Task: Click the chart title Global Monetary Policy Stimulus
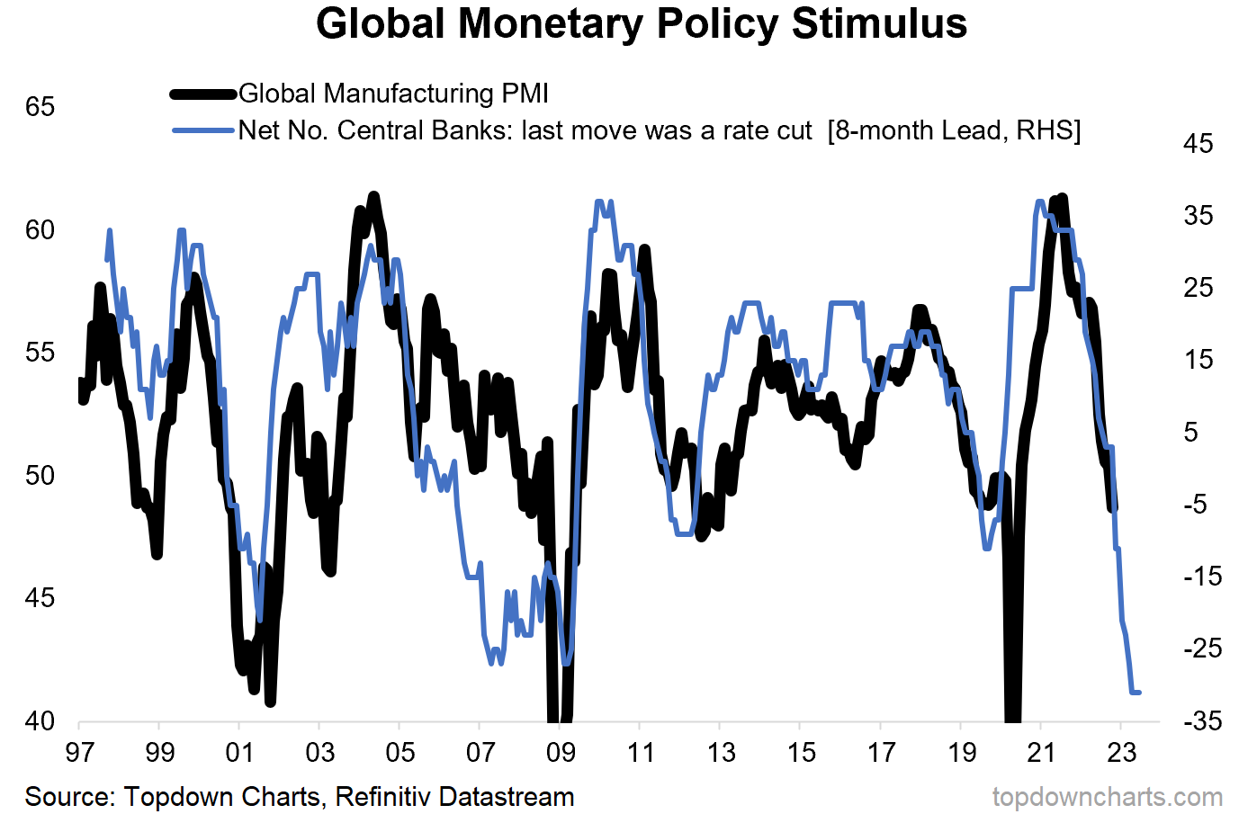(642, 24)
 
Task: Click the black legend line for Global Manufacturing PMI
(204, 94)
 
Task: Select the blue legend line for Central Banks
(204, 130)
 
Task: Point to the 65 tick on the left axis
(40, 107)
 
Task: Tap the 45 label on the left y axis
(40, 598)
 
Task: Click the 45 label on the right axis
(1198, 144)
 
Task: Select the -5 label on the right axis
(1198, 504)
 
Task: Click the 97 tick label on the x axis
(79, 752)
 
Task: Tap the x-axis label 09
(560, 752)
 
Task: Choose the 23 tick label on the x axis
(1121, 752)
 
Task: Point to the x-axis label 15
(801, 752)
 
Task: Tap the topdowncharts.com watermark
(1108, 797)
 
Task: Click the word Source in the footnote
(68, 797)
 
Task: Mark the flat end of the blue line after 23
(1136, 692)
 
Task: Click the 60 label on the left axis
(40, 230)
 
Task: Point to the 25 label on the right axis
(1198, 288)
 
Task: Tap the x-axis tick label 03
(319, 752)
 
